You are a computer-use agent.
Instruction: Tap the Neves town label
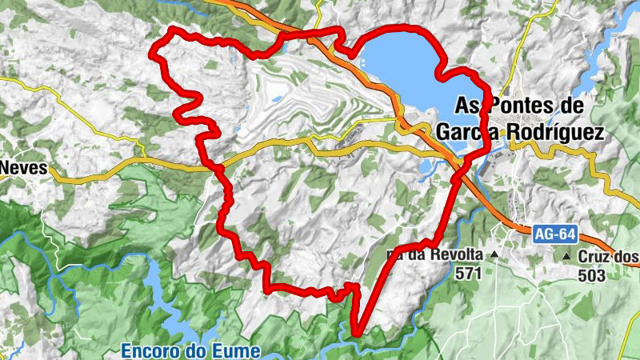24,169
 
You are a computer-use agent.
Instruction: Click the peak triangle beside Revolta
494,255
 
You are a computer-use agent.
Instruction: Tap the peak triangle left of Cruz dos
567,256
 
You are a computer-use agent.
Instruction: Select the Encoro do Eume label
190,350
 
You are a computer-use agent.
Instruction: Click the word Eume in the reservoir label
238,350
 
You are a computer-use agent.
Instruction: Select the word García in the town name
470,132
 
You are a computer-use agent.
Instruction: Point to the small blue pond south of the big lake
425,166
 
